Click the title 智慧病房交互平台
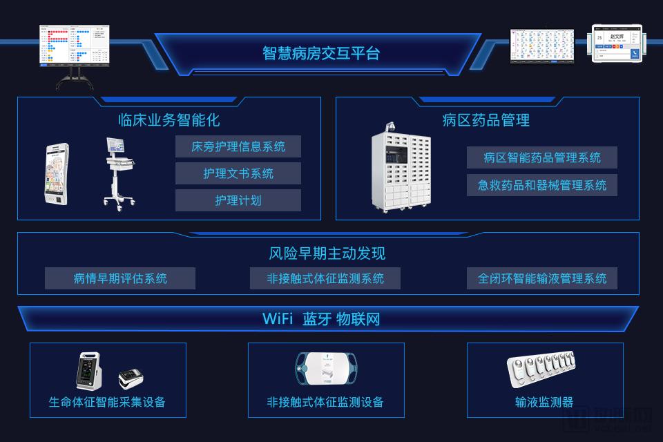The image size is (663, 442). click(x=321, y=53)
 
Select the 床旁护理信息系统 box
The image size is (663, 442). click(x=238, y=146)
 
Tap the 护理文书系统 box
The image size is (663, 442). click(x=238, y=173)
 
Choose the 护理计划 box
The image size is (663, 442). click(x=238, y=200)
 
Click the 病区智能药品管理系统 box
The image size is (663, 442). click(x=542, y=157)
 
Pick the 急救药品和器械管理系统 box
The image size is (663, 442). click(x=542, y=184)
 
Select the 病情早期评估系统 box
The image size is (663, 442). click(x=120, y=278)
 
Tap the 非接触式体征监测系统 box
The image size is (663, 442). click(x=325, y=278)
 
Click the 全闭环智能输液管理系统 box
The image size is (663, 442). click(x=542, y=278)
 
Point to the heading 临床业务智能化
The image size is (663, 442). click(x=169, y=120)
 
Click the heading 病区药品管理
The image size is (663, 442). click(x=486, y=120)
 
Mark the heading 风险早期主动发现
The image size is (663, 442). click(x=327, y=253)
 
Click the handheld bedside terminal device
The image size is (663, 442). click(x=57, y=173)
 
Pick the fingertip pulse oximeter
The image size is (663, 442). click(x=131, y=377)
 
